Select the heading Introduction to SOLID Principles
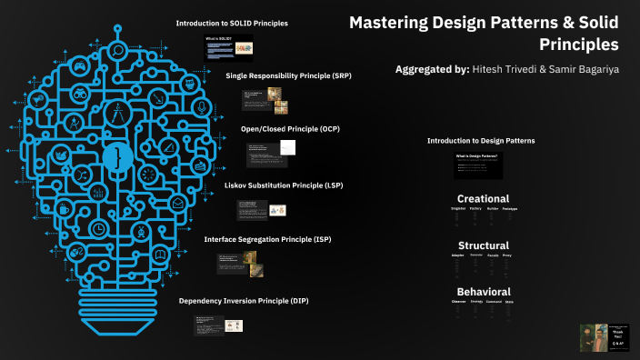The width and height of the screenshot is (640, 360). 232,23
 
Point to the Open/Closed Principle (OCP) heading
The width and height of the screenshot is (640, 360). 290,129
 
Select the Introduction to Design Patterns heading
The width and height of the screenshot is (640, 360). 481,141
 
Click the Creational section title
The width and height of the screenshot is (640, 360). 483,199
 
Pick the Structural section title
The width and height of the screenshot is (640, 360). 483,245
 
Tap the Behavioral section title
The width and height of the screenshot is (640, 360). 483,292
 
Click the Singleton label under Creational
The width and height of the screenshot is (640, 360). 458,209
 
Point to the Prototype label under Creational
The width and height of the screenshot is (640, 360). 509,209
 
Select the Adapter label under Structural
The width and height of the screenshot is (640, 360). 457,255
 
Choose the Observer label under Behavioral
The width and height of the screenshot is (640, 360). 458,302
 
